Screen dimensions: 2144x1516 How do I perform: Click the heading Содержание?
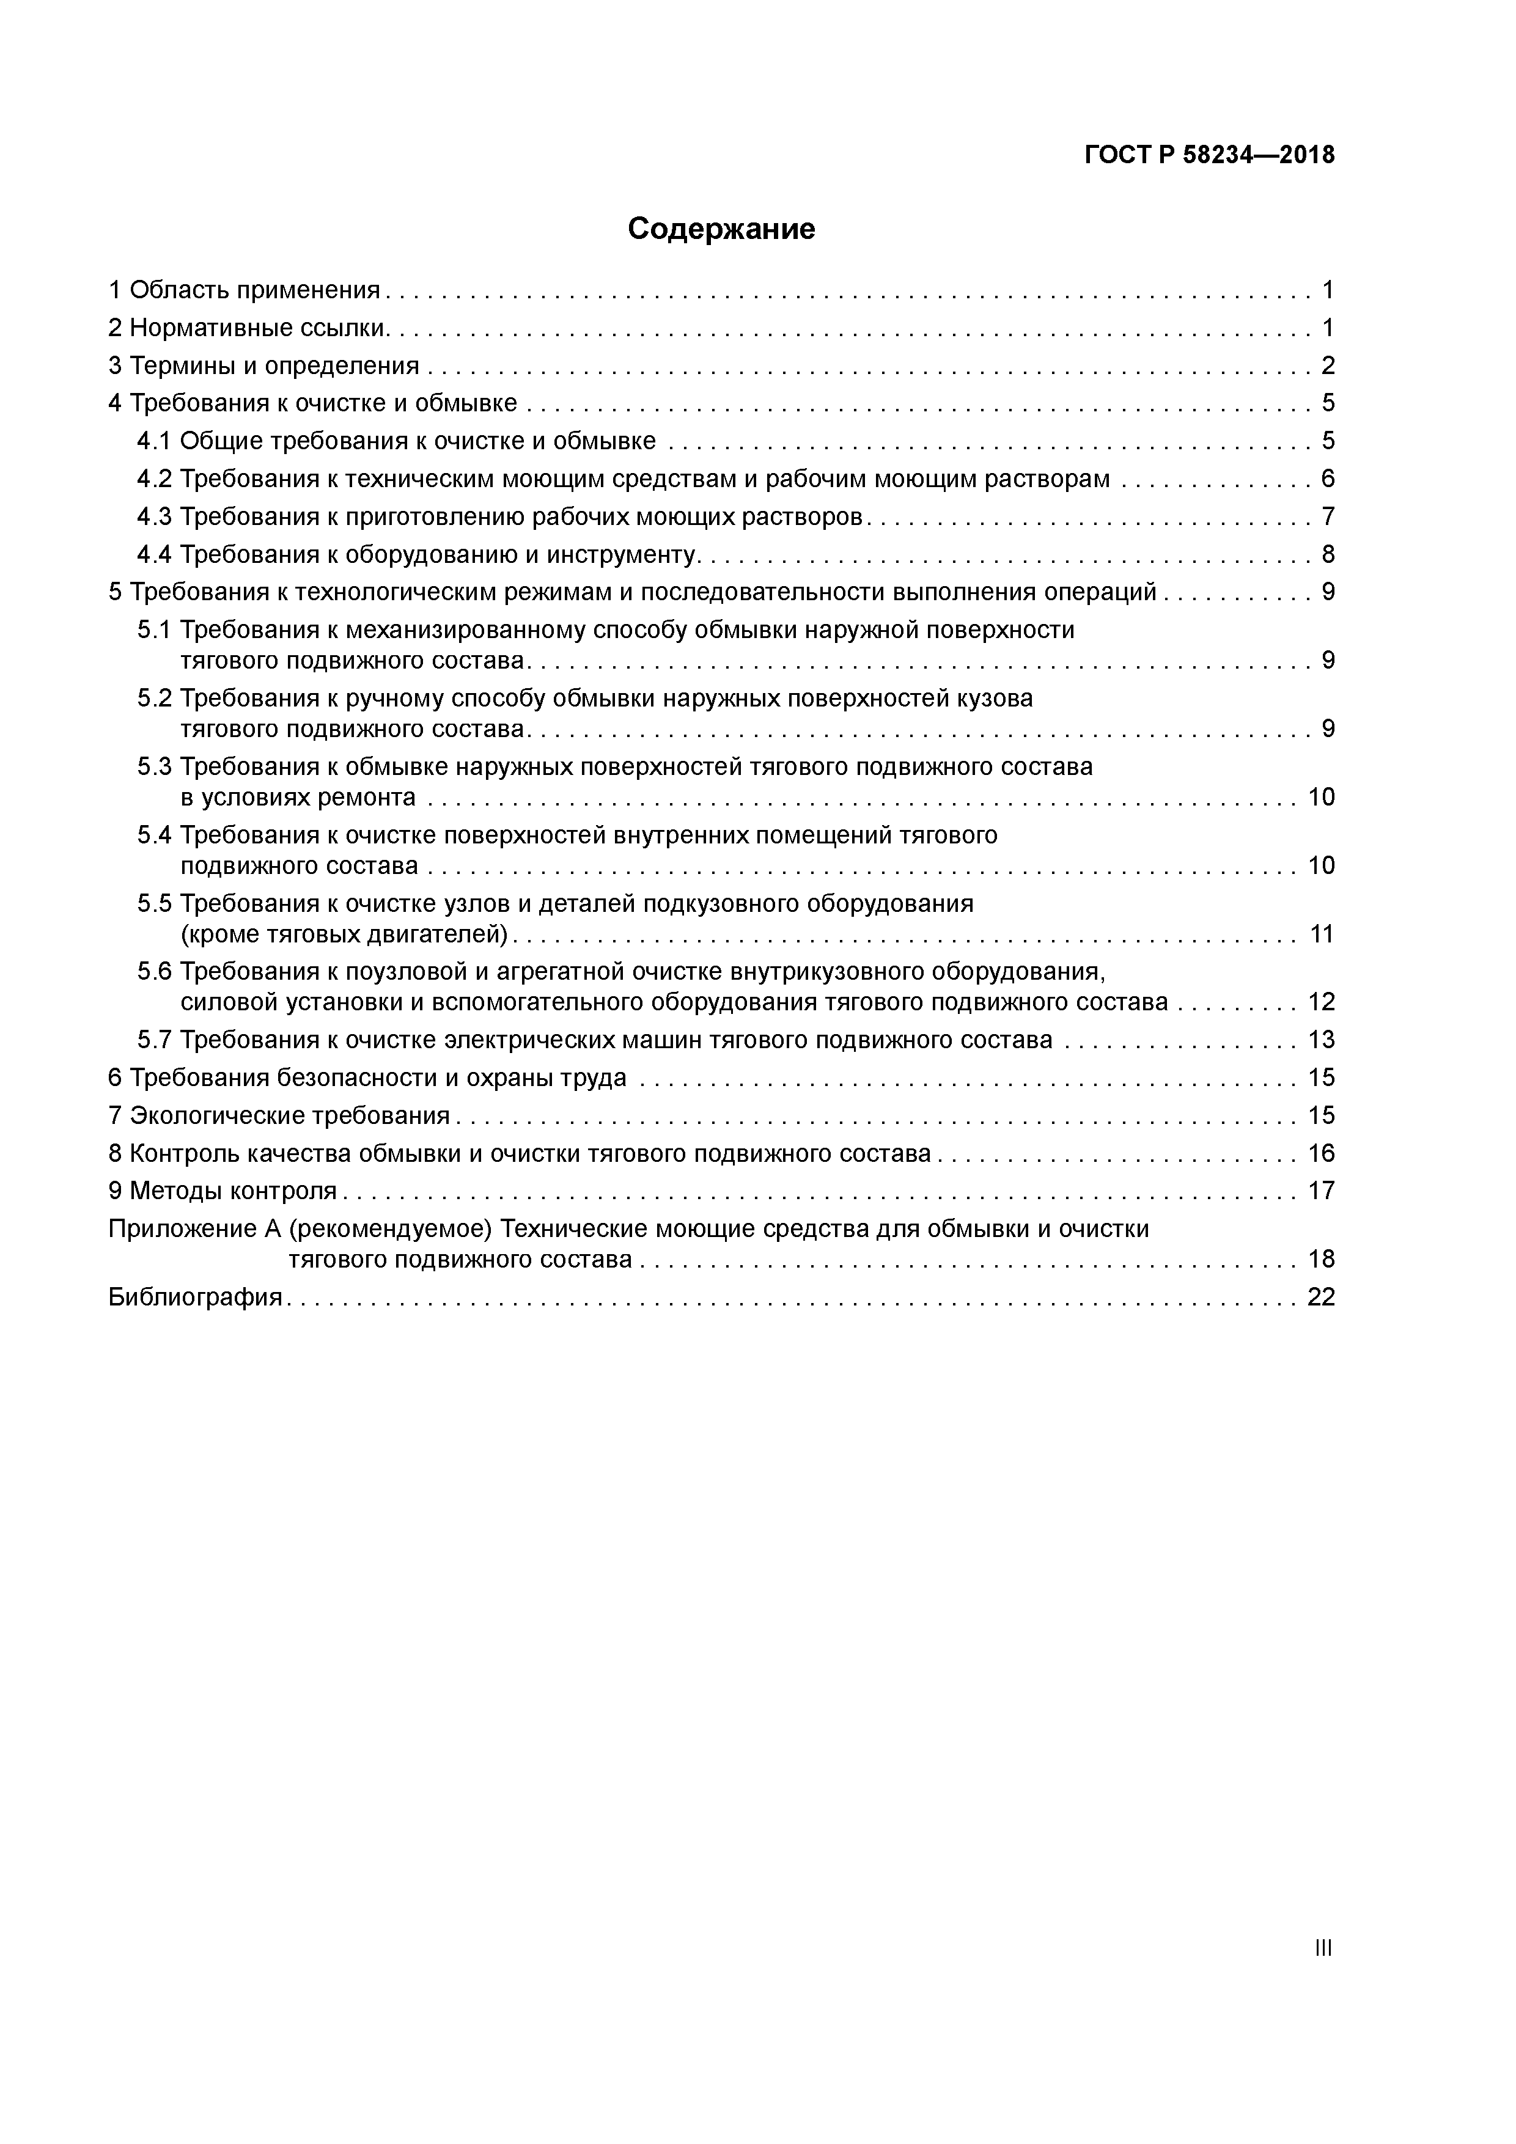tap(721, 229)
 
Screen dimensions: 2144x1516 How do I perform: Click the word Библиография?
tap(195, 1297)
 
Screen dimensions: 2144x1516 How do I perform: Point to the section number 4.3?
tap(154, 516)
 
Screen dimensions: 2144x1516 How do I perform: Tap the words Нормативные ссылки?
tap(259, 328)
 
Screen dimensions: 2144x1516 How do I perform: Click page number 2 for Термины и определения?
tap(1327, 365)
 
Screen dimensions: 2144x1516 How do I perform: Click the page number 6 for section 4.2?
tap(1327, 479)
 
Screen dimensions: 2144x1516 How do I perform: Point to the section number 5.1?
tap(154, 630)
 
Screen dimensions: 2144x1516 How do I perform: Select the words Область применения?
tap(255, 290)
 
